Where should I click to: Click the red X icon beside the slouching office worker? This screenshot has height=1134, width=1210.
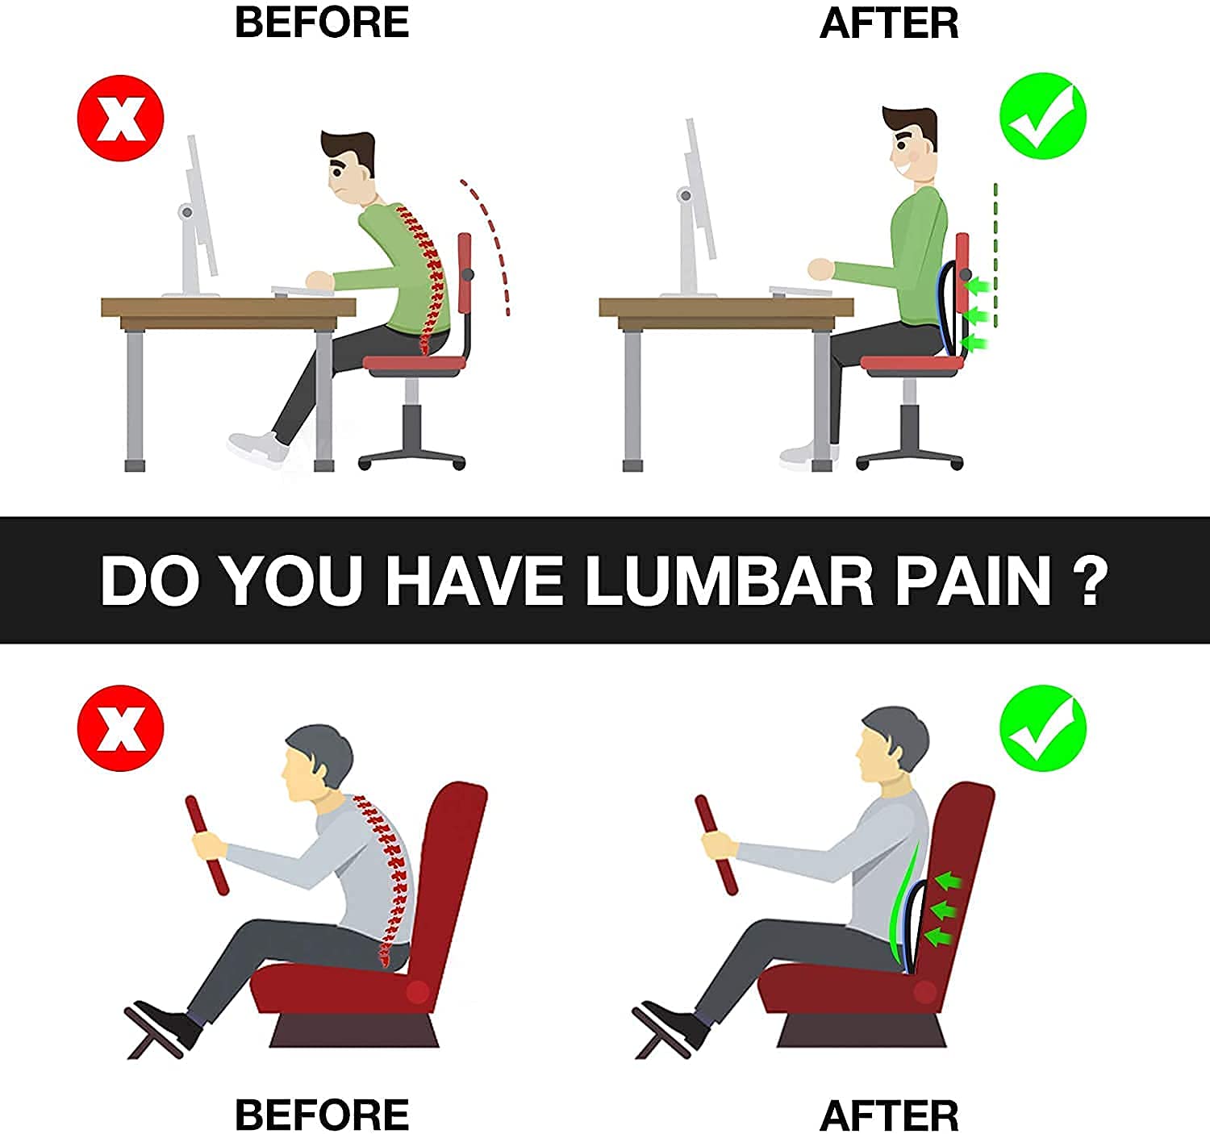pos(121,118)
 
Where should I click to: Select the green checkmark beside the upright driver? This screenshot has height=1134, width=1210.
pos(1043,728)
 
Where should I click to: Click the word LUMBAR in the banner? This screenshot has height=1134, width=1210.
pos(729,581)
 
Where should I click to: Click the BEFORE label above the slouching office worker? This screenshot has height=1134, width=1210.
pos(322,22)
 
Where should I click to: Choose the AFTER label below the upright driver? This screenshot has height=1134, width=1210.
pos(889,1115)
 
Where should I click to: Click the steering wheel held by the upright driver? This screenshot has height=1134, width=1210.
pos(717,844)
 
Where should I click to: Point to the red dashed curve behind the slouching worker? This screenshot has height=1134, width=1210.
pos(492,242)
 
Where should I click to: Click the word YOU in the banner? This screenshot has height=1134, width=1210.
pos(291,581)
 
